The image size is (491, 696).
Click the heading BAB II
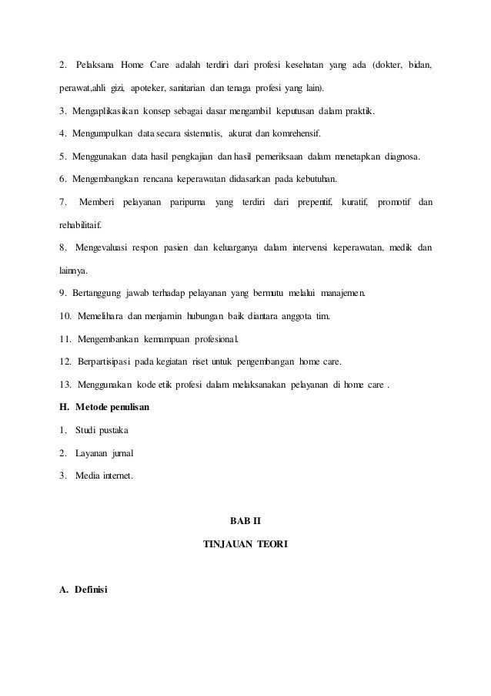point(245,520)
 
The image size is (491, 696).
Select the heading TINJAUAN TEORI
point(245,544)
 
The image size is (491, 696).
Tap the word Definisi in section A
point(92,590)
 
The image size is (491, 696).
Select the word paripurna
point(189,203)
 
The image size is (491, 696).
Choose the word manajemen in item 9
point(343,294)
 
